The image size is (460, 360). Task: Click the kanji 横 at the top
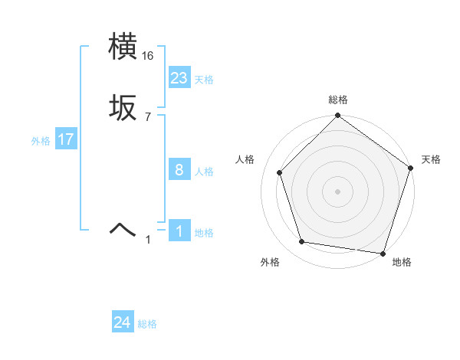tap(123, 47)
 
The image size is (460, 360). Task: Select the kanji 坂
tap(123, 109)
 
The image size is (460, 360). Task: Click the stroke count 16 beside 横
tap(148, 56)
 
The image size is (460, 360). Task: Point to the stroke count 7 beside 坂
tap(147, 117)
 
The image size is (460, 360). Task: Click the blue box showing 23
tap(179, 78)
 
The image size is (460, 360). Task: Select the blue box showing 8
tap(179, 170)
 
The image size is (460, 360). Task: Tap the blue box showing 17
tap(66, 140)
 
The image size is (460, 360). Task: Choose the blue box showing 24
tap(123, 323)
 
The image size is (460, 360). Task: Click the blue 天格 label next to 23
tap(204, 80)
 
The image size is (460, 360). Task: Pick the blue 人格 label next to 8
tap(204, 172)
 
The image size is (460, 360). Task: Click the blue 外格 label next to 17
tap(41, 141)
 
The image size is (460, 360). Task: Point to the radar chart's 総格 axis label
tap(337, 100)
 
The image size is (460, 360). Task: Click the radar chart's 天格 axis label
tap(431, 159)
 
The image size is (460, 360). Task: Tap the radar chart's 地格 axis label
tap(402, 262)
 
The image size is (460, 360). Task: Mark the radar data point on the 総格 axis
tap(337, 116)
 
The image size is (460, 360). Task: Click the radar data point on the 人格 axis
tap(280, 172)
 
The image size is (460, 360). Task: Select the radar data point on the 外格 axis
tap(302, 242)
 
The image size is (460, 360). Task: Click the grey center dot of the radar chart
tap(337, 191)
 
